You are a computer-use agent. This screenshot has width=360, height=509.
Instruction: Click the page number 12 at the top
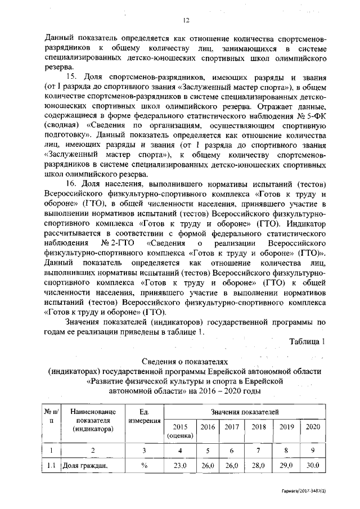[185, 20]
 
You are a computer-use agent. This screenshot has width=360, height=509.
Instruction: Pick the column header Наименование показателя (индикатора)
[92, 421]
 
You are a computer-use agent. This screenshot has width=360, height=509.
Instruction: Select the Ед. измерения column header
[145, 417]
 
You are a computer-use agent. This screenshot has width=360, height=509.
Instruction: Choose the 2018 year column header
[259, 426]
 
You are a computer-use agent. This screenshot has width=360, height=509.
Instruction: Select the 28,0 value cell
[259, 466]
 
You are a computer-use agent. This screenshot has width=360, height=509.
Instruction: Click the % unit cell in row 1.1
[145, 466]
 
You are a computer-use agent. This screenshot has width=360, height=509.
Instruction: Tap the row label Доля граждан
[84, 466]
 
